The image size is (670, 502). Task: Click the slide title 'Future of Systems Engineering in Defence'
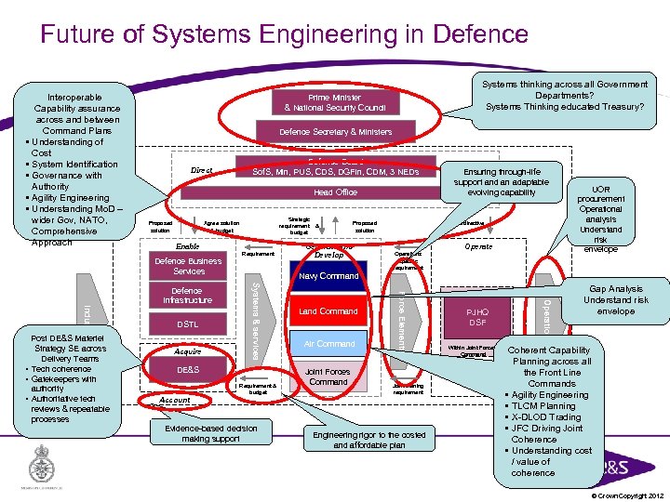(284, 34)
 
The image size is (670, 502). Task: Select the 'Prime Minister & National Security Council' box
(334, 102)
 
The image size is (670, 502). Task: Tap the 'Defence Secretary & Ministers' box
(335, 132)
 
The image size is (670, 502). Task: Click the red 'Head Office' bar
(335, 192)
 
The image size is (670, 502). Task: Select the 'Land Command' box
(328, 310)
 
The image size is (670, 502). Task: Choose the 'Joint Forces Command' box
(328, 376)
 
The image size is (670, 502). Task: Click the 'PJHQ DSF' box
(476, 316)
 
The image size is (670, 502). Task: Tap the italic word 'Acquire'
(187, 351)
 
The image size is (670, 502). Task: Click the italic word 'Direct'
(202, 171)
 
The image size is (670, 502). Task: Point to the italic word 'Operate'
(478, 246)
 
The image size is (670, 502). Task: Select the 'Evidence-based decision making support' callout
(210, 432)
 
